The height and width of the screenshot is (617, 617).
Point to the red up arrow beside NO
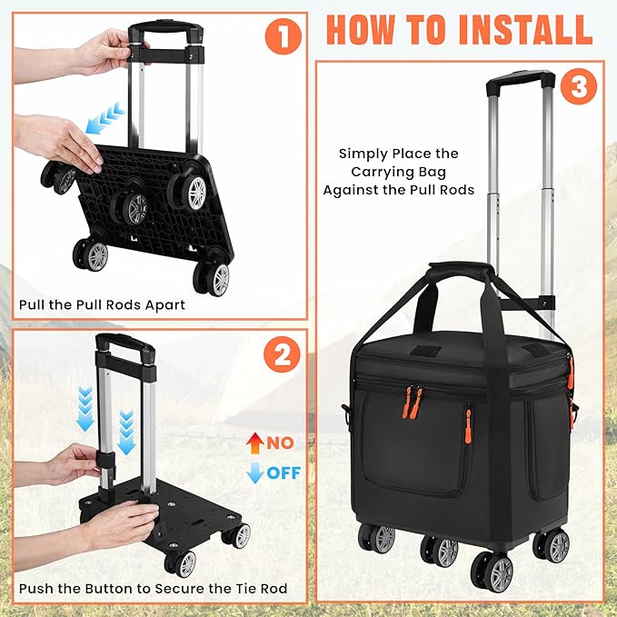click(254, 443)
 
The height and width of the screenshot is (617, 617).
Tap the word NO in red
click(281, 443)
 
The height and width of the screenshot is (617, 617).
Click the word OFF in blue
click(284, 473)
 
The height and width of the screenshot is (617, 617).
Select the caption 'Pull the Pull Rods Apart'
click(102, 304)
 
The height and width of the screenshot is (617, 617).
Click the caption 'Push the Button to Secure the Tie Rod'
click(153, 589)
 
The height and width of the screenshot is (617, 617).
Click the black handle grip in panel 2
click(125, 344)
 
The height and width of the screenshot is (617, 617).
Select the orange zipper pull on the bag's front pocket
click(468, 425)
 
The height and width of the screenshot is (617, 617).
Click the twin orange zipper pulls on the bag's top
click(411, 402)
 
